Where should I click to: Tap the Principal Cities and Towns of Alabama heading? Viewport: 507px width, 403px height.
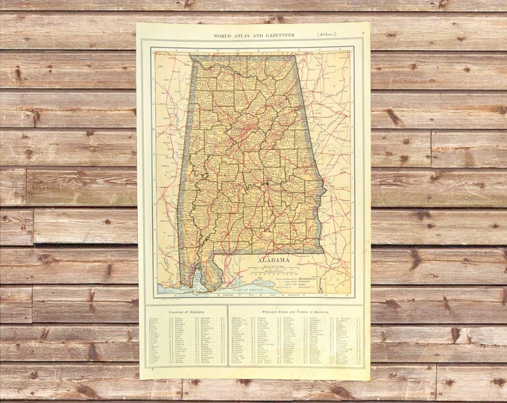point(295,310)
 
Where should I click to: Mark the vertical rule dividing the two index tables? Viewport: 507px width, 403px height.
point(227,336)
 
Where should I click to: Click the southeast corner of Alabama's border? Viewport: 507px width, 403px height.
point(323,252)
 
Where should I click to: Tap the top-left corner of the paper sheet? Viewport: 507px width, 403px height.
point(137,23)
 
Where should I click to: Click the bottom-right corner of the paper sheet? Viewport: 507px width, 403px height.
point(370,380)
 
